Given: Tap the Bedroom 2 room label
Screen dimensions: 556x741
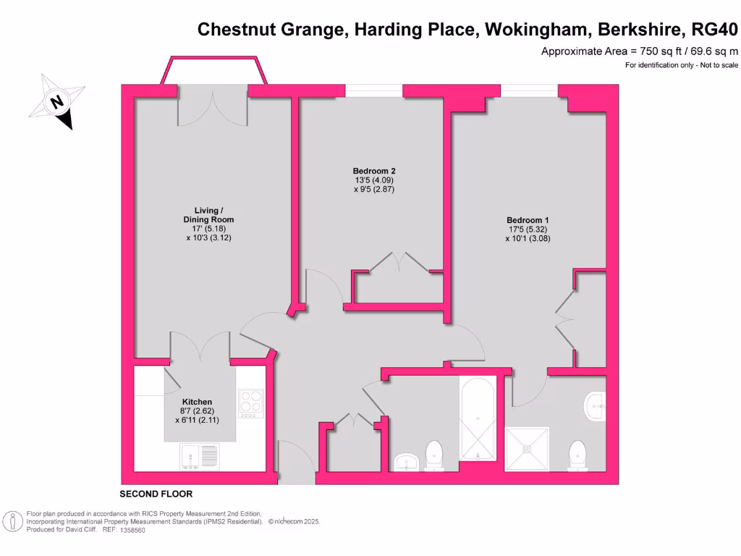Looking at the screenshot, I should [374, 171].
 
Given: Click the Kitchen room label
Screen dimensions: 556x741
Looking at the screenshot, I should [197, 402].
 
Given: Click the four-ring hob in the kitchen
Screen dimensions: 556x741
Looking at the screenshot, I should [250, 401].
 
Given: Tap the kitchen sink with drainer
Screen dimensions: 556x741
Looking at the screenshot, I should [198, 457].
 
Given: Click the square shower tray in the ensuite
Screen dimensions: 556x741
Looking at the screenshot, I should [528, 449].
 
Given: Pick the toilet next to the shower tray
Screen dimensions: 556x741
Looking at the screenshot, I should [578, 455].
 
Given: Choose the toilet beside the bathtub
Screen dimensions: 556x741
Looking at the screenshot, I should [435, 454].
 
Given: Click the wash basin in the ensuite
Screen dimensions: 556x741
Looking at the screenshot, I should [593, 406].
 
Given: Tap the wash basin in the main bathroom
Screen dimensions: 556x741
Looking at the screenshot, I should [407, 462].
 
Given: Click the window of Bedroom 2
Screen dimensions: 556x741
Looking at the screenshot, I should [373, 90].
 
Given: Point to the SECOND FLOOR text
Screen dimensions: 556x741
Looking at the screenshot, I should [156, 494].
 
